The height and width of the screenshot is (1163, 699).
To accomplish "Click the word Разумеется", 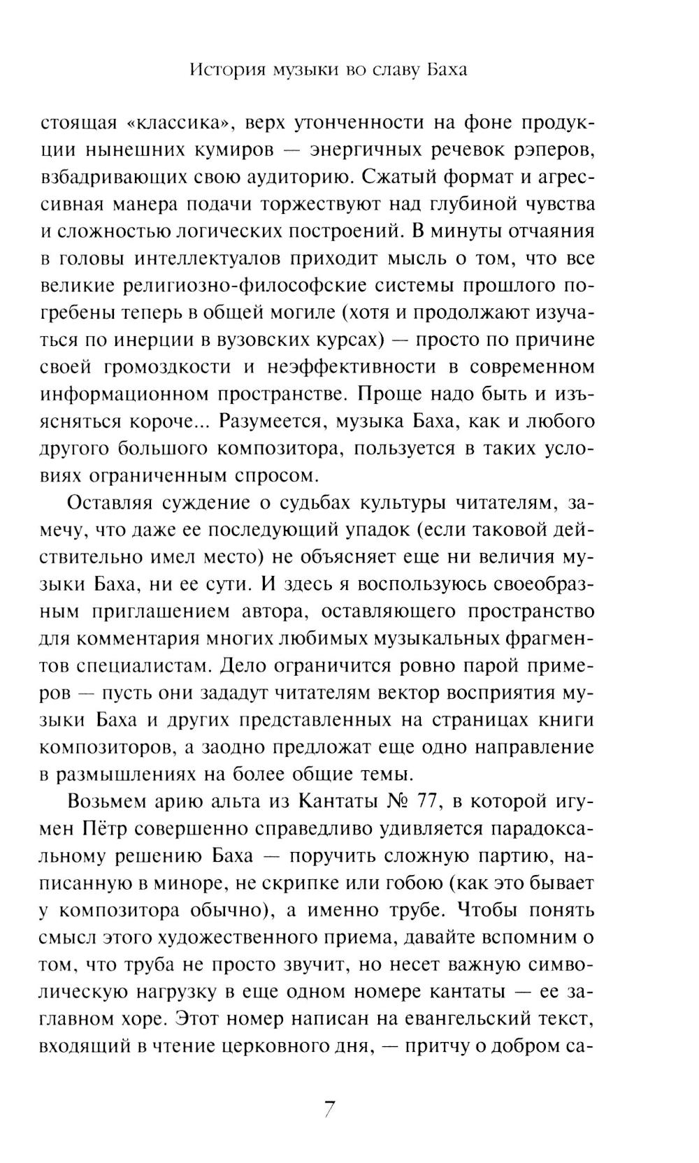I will (x=264, y=422).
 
